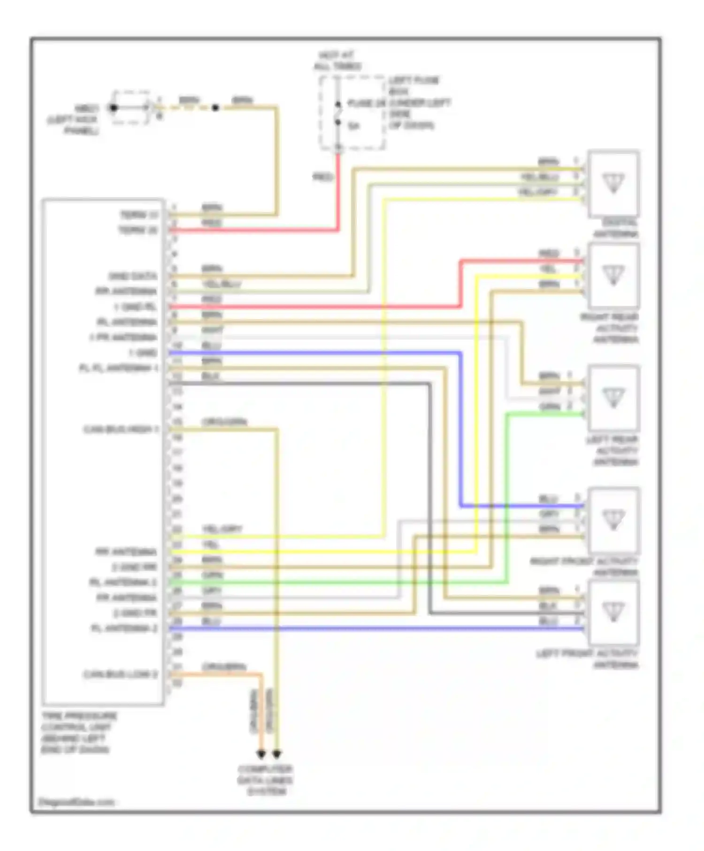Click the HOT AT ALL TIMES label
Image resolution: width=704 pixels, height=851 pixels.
click(x=337, y=61)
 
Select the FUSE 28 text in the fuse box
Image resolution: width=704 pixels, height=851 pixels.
click(x=367, y=103)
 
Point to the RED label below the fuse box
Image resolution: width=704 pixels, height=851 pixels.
click(x=323, y=177)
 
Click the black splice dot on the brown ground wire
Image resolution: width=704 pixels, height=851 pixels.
click(x=215, y=108)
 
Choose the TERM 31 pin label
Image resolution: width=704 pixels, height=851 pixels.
click(x=139, y=215)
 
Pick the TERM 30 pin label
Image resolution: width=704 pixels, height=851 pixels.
click(x=138, y=230)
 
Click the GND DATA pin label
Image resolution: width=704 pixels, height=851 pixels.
click(x=133, y=276)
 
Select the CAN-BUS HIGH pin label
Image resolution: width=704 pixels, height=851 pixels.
click(x=121, y=429)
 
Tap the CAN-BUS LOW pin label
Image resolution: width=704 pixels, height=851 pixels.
click(x=121, y=674)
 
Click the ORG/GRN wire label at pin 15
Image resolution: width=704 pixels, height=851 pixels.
click(x=224, y=422)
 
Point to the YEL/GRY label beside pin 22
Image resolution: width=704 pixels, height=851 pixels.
click(x=222, y=529)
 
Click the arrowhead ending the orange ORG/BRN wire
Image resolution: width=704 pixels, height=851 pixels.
click(x=261, y=754)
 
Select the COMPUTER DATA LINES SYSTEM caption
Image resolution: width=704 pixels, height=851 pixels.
click(x=265, y=780)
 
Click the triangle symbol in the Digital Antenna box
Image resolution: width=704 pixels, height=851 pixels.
click(x=613, y=182)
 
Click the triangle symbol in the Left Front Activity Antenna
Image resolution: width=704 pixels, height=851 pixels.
click(x=613, y=611)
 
